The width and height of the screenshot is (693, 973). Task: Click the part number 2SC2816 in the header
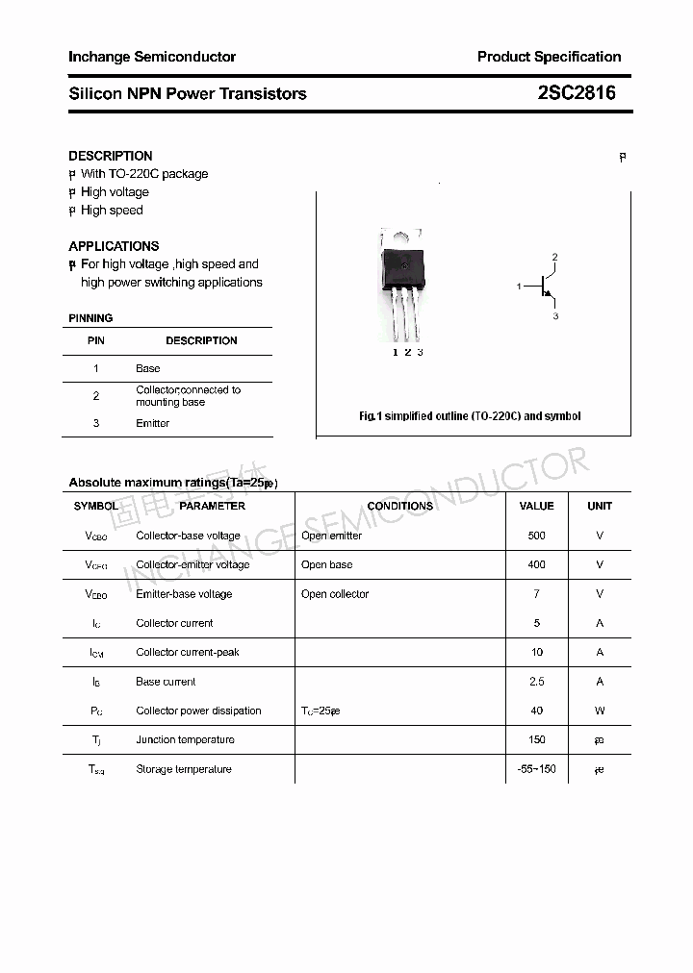[x=577, y=93]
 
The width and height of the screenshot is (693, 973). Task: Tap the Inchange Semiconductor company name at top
[x=152, y=57]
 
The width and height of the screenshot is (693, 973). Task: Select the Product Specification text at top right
[x=549, y=57]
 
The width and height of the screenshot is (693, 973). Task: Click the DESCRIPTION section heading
[x=110, y=156]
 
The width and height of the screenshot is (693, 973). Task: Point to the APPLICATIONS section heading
[x=114, y=246]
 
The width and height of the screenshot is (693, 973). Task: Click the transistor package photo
[x=401, y=284]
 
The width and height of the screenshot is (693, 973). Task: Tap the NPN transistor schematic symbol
[x=545, y=286]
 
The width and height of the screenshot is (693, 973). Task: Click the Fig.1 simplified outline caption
[x=470, y=416]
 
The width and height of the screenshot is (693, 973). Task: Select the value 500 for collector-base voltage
[x=536, y=536]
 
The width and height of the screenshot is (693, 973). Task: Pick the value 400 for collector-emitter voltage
[x=536, y=564]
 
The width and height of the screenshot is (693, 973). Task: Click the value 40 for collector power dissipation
[x=536, y=711]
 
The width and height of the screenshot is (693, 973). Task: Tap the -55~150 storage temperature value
[x=536, y=769]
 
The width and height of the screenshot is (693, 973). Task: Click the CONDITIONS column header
[x=399, y=506]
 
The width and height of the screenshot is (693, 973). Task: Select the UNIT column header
[x=600, y=506]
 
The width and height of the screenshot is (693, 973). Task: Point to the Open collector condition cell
[x=335, y=594]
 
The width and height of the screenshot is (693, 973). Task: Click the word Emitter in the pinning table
[x=152, y=423]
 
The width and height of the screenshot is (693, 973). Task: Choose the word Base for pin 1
[x=147, y=368]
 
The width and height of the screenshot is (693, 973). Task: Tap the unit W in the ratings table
[x=600, y=711]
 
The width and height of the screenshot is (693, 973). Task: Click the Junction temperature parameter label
[x=185, y=739]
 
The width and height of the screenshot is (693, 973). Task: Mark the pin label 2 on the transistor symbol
[x=555, y=257]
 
